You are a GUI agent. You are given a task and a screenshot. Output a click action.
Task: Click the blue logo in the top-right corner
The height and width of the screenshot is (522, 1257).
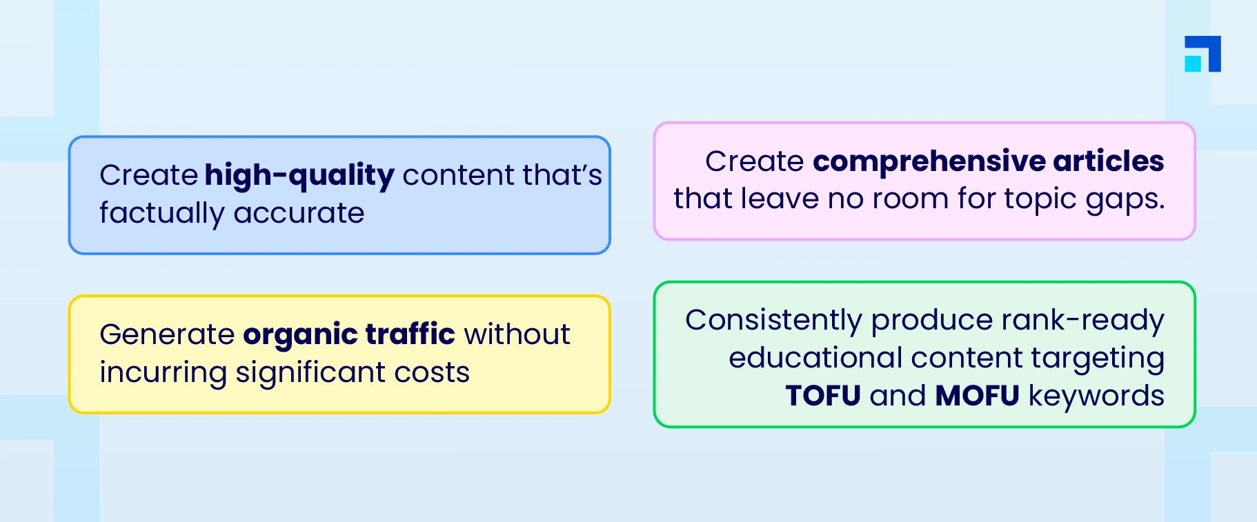1202,54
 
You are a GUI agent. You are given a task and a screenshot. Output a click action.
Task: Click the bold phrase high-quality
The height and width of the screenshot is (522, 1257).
299,176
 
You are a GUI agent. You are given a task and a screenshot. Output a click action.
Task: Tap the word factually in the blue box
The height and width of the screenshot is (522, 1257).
161,213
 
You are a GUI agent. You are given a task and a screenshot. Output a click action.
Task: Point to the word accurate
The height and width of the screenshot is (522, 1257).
299,214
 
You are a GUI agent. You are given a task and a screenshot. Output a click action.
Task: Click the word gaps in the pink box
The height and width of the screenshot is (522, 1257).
1125,200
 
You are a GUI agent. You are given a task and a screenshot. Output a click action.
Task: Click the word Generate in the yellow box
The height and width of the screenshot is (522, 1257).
167,334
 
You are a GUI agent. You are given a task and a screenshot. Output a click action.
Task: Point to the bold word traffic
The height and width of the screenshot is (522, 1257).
410,334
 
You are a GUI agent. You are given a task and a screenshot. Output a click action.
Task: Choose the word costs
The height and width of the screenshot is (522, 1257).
432,373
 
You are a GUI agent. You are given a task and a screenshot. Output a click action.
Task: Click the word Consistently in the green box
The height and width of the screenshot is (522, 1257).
773,321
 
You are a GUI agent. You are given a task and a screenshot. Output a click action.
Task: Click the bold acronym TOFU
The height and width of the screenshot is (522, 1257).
823,396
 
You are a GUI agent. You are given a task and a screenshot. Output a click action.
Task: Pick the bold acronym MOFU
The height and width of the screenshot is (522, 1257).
977,396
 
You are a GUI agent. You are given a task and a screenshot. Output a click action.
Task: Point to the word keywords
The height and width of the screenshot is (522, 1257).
1096,396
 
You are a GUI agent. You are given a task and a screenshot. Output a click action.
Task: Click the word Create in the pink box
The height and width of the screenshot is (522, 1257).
754,161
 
